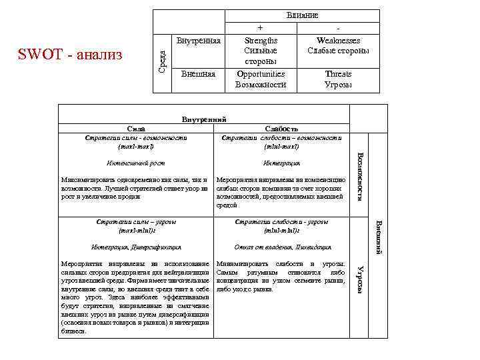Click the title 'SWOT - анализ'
71,54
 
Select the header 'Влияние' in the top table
302,15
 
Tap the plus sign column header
260,29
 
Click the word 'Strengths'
261,41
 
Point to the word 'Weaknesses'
338,41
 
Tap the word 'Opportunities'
261,74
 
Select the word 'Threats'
338,74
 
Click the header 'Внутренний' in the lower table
205,120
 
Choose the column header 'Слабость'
281,129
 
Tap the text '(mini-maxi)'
281,146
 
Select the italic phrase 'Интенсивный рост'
135,163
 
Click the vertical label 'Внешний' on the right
377,237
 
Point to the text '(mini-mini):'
281,231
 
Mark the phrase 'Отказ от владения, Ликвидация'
281,247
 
